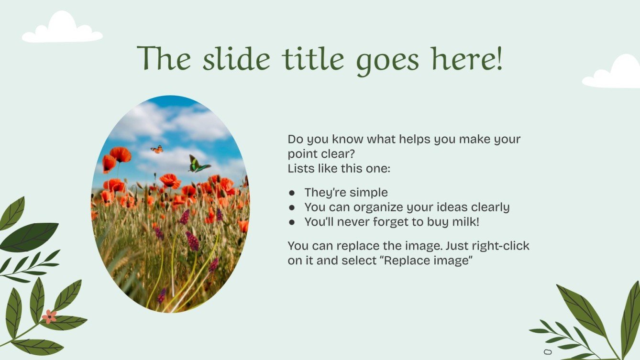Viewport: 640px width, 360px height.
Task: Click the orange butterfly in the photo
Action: click(157, 149)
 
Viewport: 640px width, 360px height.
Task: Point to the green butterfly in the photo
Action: click(199, 164)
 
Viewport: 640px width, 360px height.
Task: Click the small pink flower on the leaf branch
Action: click(49, 316)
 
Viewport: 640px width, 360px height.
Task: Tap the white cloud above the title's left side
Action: click(62, 27)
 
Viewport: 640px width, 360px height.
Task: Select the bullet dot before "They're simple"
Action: click(292, 193)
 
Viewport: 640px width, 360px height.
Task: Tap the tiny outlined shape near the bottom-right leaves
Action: click(547, 352)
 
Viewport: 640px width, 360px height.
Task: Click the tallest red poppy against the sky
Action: click(121, 154)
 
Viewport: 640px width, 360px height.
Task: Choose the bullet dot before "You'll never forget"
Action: click(292, 222)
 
